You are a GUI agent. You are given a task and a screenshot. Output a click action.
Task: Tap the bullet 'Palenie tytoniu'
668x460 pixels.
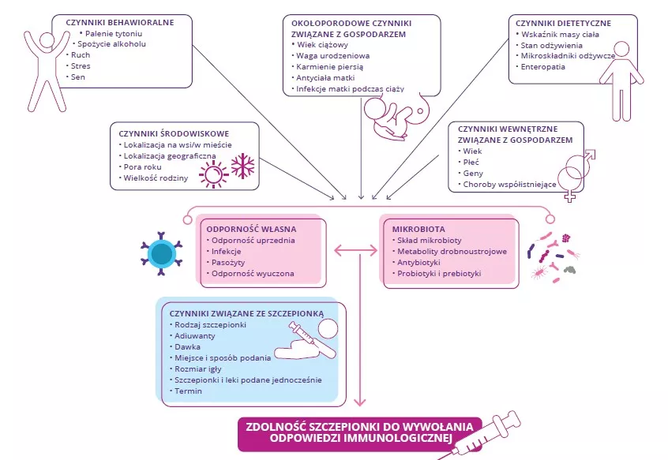pos(118,33)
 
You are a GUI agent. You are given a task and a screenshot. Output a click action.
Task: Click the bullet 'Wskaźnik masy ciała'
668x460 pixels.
pos(557,34)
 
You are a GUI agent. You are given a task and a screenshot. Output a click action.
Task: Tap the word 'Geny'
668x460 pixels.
pos(473,173)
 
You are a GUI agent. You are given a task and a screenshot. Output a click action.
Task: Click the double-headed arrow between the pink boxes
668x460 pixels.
pos(353,251)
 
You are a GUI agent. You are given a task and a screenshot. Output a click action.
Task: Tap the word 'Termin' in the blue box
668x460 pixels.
pos(189,391)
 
